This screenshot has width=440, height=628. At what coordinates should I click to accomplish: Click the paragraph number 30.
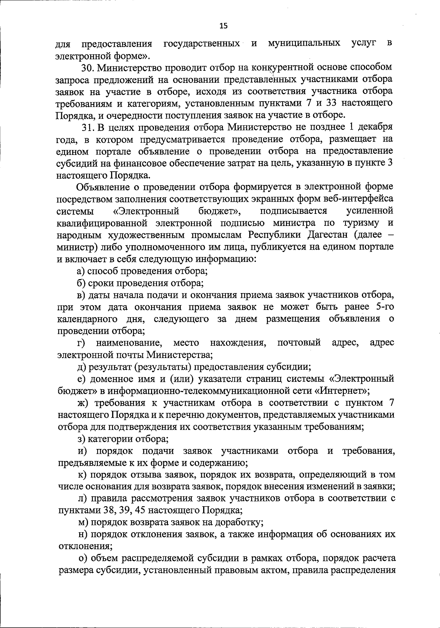click(x=87, y=67)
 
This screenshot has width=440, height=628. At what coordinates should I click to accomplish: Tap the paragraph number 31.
click(x=87, y=127)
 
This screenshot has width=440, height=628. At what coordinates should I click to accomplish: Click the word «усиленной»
click(x=370, y=211)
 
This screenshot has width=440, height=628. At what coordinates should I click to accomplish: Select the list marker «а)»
click(x=81, y=271)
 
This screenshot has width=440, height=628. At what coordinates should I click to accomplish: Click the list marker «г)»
click(x=81, y=343)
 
